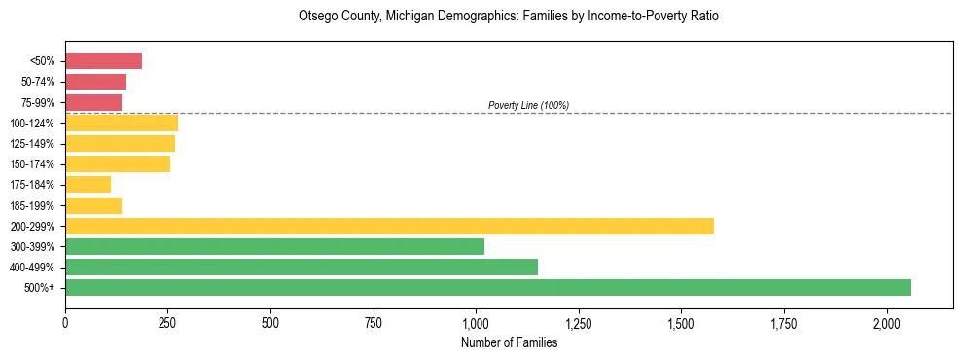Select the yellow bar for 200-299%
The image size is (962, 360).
pyautogui.click(x=389, y=226)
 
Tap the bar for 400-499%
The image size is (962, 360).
pyautogui.click(x=302, y=267)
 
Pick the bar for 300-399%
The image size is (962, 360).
pyautogui.click(x=274, y=246)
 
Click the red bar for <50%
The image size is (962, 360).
pyautogui.click(x=103, y=61)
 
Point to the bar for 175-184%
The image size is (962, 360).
pyautogui.click(x=88, y=184)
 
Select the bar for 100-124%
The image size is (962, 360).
pyautogui.click(x=122, y=123)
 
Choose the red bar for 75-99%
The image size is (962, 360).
pyautogui.click(x=93, y=102)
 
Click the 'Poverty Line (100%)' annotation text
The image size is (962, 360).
pyautogui.click(x=528, y=105)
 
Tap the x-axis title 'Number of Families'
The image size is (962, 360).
pyautogui.click(x=509, y=342)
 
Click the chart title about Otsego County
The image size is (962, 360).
pyautogui.click(x=509, y=18)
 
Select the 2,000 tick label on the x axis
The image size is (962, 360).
pyautogui.click(x=887, y=322)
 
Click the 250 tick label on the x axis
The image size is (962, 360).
pyautogui.click(x=167, y=322)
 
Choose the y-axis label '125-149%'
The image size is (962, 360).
pyautogui.click(x=34, y=144)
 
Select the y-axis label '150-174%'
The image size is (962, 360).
pyautogui.click(x=34, y=164)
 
